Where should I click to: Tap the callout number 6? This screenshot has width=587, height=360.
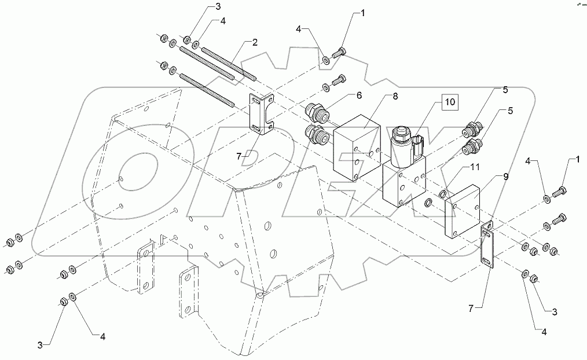pos(358,96)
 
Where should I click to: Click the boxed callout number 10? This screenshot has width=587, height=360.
pos(450,103)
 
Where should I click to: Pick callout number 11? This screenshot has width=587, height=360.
pos(474,167)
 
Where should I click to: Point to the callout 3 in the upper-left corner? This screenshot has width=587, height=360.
pos(185,7)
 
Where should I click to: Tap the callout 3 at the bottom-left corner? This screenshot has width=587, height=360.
pos(40,345)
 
